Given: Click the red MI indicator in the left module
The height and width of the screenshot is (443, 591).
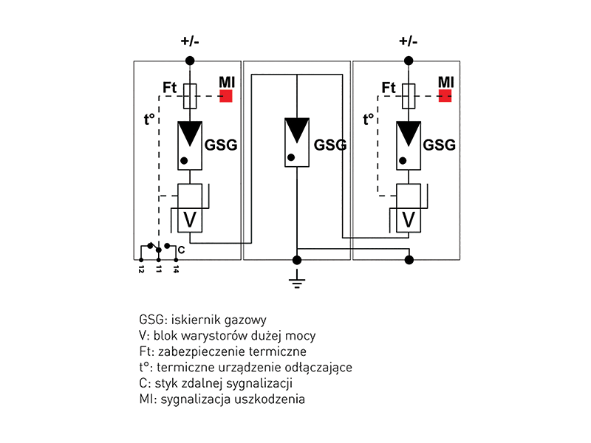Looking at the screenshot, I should tap(226, 95).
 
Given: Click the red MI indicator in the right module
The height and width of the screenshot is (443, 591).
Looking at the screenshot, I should tap(445, 95).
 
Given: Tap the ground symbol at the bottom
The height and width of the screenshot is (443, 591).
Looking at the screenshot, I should tap(297, 281).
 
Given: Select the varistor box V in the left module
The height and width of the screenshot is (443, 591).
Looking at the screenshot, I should tap(190, 219).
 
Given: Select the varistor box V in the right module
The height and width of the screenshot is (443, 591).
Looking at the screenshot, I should tap(409, 219).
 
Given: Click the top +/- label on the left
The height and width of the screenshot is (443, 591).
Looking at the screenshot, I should tap(190, 41).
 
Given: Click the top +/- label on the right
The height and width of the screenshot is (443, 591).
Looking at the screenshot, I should tap(409, 41).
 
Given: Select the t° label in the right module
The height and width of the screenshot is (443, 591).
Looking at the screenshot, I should tap(370, 118).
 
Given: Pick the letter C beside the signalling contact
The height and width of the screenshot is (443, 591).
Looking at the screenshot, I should tap(181, 250).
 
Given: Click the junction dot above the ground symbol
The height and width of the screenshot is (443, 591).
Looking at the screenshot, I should tap(297, 260).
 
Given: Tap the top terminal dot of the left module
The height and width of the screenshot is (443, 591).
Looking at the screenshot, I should tap(190, 60).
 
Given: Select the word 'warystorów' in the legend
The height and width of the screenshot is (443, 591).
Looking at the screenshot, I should tap(210, 336).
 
